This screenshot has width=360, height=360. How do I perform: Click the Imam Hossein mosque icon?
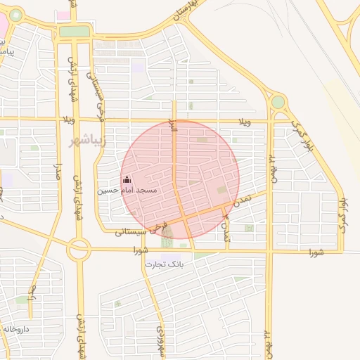pos(127,179)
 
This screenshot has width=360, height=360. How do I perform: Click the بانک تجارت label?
pos(164,264)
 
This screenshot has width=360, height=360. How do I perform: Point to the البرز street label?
pos(171,129)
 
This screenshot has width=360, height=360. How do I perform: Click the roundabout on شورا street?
pos(79,248)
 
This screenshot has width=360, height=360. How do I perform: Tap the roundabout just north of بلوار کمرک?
pos(278,102)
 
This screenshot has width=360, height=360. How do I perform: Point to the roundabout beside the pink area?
pos(15,15)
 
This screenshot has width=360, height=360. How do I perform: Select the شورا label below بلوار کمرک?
pos(316,252)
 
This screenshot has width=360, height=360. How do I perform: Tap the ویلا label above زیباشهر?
pos(68,120)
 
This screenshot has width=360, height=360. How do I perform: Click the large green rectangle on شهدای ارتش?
pos(74,32)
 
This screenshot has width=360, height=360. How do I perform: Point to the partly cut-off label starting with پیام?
pos(7,51)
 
